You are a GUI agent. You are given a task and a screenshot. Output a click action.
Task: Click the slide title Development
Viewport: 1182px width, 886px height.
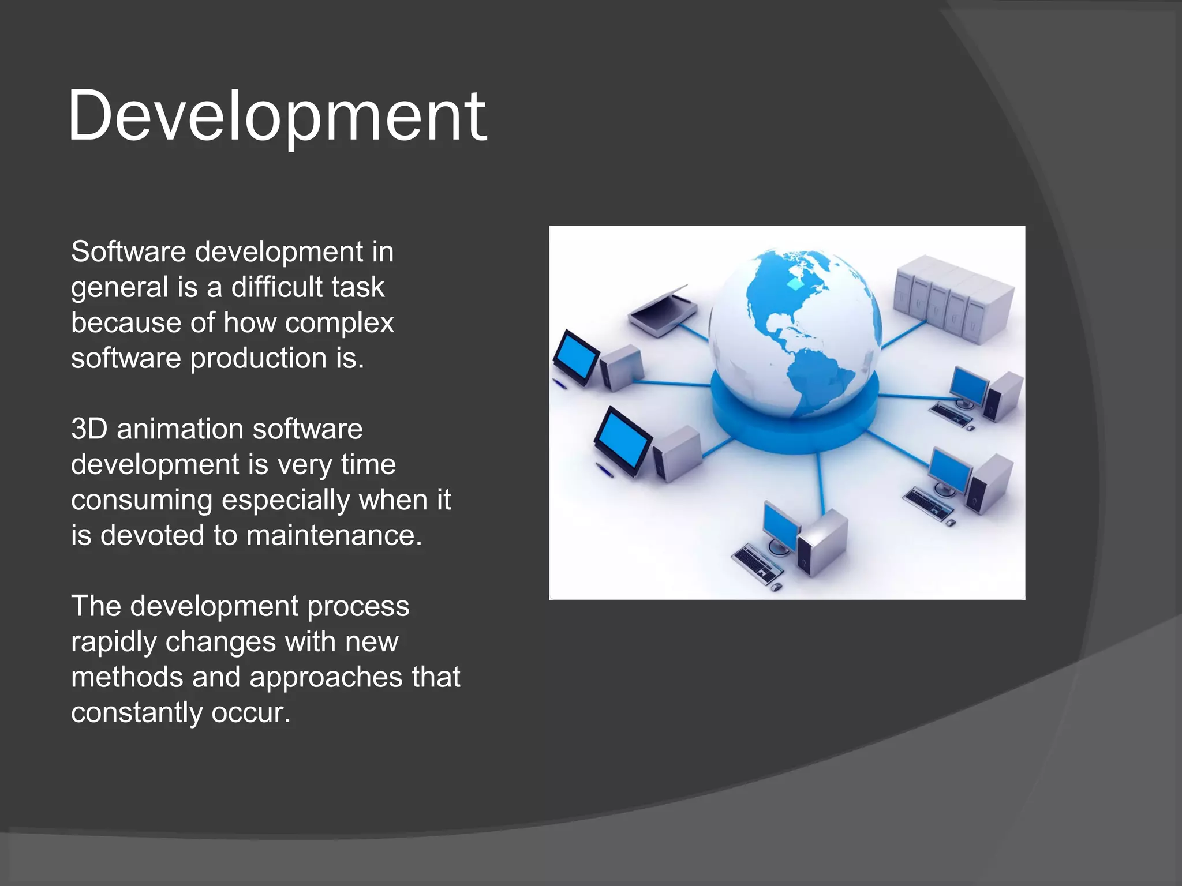tap(277, 117)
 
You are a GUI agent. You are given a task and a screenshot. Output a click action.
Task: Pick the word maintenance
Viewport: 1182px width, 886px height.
tap(334, 536)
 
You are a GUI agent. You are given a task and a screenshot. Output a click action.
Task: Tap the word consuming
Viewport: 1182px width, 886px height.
tap(141, 500)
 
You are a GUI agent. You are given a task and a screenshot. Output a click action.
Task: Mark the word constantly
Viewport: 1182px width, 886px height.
tap(136, 713)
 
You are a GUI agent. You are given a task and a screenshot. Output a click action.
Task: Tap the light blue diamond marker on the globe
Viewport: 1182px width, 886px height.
tap(795, 284)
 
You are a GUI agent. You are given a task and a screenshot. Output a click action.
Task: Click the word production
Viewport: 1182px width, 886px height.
tap(258, 359)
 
